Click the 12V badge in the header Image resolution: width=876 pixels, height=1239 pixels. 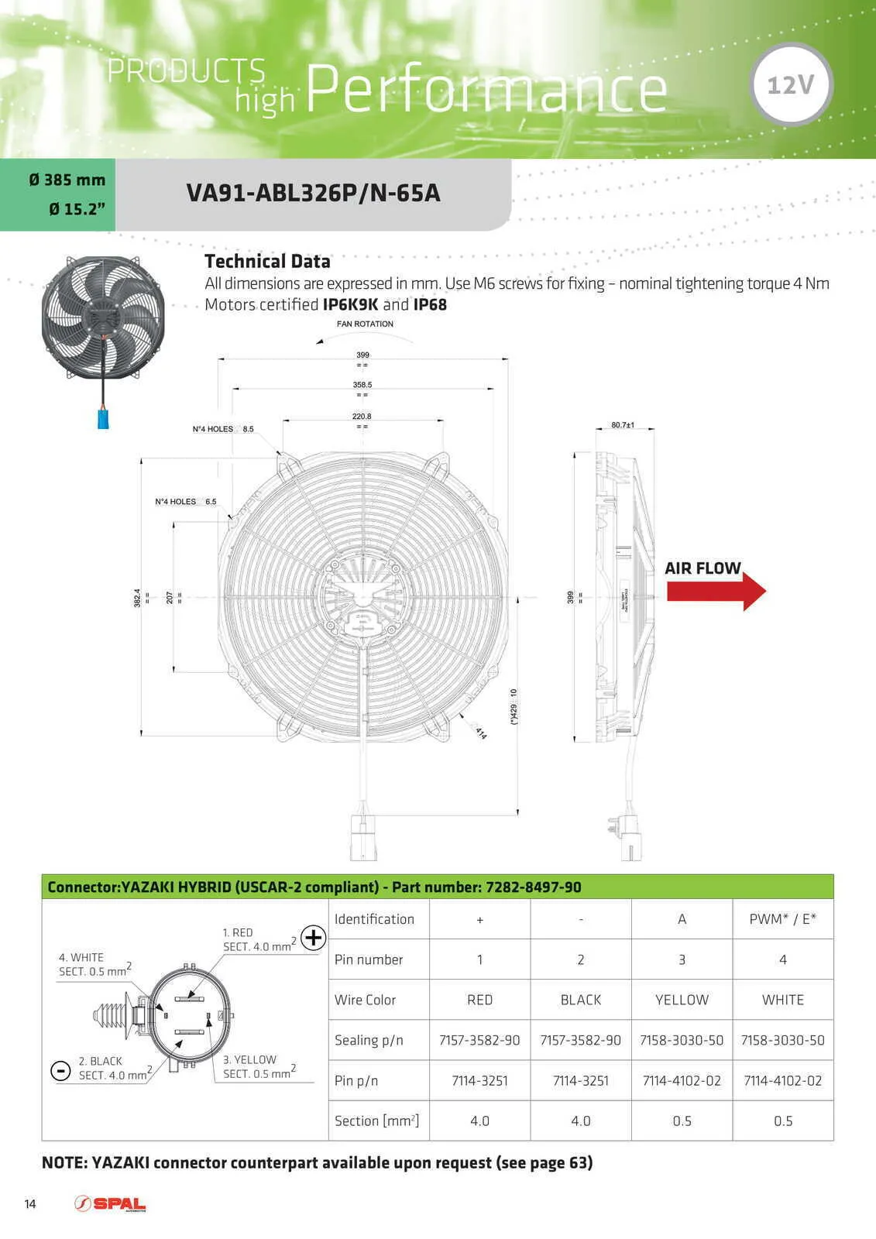(x=791, y=84)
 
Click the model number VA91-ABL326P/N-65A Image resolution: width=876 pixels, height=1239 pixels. (x=313, y=193)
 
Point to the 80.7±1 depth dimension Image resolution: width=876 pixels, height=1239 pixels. (x=623, y=425)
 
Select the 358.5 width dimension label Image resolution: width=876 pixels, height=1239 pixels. (x=362, y=385)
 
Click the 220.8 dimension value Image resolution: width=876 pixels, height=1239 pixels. (x=362, y=417)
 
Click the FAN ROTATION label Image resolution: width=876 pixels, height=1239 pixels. (x=365, y=324)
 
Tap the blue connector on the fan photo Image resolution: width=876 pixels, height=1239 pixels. (x=103, y=418)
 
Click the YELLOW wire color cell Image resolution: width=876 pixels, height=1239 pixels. (x=682, y=1000)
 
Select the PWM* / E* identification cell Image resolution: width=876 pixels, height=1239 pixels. (x=782, y=919)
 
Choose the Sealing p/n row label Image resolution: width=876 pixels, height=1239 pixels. (x=369, y=1040)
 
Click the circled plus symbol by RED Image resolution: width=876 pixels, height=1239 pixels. (x=314, y=939)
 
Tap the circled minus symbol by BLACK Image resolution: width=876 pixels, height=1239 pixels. (x=60, y=1070)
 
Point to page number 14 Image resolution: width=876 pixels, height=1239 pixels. (x=30, y=1203)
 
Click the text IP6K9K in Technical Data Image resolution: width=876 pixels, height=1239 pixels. (x=350, y=304)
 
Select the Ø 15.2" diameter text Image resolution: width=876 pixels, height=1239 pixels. (x=77, y=209)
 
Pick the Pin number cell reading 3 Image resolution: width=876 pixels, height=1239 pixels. (x=682, y=959)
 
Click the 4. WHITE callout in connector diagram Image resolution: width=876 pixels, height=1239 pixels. (x=81, y=958)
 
